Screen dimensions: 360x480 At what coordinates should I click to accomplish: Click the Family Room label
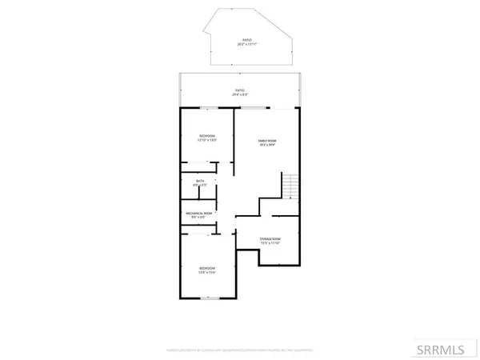266,140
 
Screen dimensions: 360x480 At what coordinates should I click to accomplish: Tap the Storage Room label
269,239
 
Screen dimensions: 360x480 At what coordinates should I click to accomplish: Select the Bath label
201,181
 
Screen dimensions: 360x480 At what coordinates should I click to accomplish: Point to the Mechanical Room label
199,213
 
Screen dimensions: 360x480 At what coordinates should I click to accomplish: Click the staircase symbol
291,187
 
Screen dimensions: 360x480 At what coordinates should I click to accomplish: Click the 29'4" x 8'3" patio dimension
239,94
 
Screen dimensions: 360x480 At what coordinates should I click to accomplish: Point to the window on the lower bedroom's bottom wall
207,298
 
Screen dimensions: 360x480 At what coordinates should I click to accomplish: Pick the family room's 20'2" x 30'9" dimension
266,145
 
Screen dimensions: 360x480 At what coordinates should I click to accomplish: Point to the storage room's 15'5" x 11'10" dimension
269,244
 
